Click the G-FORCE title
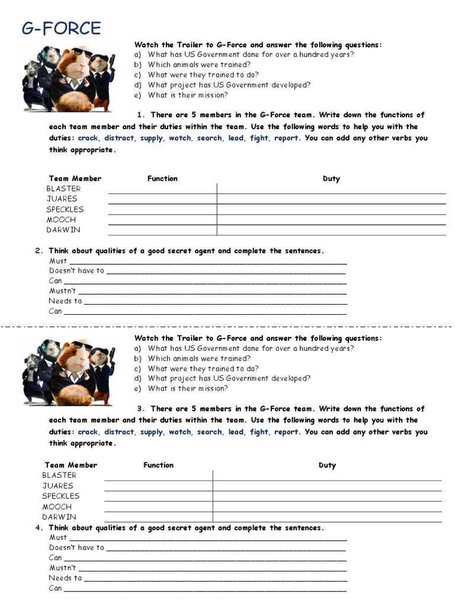62,28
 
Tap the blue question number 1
141,115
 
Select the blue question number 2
38,251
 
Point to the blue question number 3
141,409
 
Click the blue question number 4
38,528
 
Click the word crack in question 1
88,138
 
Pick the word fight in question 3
259,432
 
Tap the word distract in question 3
120,432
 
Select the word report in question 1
286,138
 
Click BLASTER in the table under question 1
63,189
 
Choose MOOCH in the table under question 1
61,220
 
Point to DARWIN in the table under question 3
59,517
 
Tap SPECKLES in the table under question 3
60,496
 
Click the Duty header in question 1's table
331,178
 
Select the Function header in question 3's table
158,465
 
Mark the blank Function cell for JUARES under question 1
162,199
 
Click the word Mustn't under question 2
62,291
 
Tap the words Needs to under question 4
65,578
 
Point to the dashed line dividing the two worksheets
227,326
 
